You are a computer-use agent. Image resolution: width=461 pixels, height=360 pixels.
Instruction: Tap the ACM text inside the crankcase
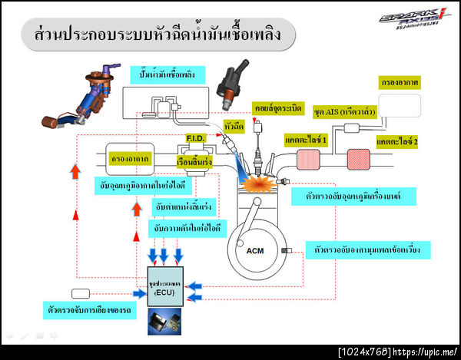click(x=254, y=250)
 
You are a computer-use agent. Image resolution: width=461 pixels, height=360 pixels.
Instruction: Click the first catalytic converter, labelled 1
click(x=307, y=160)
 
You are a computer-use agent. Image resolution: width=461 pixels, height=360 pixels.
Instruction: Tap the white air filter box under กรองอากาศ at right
click(x=400, y=104)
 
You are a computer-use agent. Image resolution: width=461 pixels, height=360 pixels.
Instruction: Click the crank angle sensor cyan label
click(x=367, y=249)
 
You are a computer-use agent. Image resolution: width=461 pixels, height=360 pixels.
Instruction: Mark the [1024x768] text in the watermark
click(x=364, y=352)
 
